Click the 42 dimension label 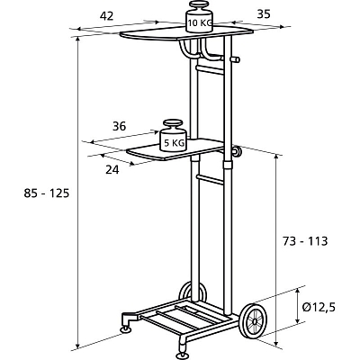106,16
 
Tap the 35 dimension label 264,14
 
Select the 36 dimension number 119,127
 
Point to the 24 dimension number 112,170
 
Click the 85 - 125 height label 47,193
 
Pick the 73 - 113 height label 305,241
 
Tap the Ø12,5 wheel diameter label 319,308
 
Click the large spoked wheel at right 254,321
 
